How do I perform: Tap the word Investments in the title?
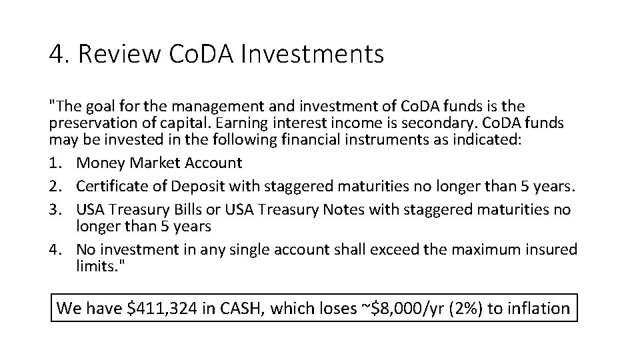click(311, 54)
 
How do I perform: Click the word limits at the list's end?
click(95, 266)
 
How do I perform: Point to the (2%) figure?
click(465, 308)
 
